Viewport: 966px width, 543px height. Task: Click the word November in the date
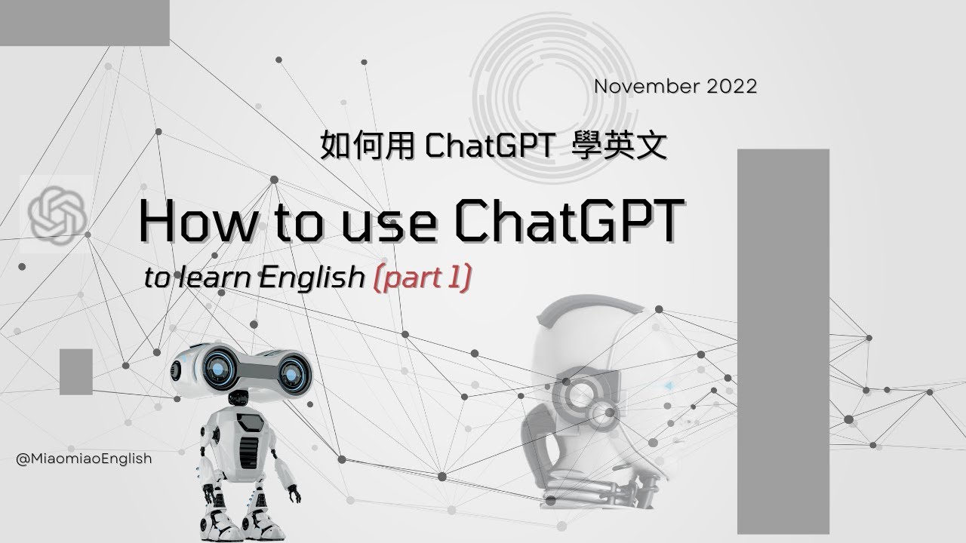(x=648, y=87)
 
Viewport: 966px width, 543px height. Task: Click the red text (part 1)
(x=423, y=279)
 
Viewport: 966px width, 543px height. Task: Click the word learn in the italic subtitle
(x=218, y=279)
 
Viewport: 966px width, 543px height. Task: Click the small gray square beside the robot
(x=75, y=372)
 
